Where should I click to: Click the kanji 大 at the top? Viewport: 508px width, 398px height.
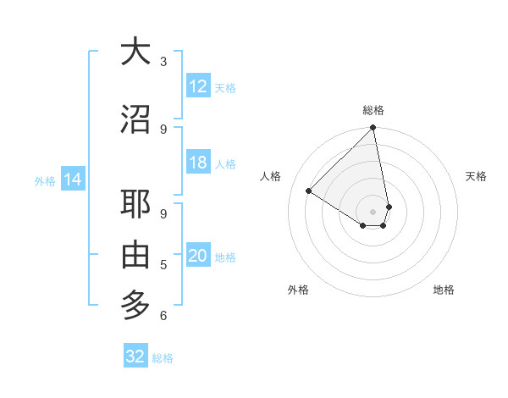pyautogui.click(x=135, y=52)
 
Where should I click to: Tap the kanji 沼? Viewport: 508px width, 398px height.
pyautogui.click(x=135, y=119)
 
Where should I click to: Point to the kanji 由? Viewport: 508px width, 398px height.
pyautogui.click(x=135, y=255)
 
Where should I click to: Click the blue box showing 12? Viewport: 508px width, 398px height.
pyautogui.click(x=198, y=86)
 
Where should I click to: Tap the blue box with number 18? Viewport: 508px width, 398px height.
pyautogui.click(x=198, y=163)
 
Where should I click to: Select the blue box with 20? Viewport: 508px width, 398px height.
pyautogui.click(x=198, y=257)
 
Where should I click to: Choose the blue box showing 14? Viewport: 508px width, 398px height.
pyautogui.click(x=72, y=180)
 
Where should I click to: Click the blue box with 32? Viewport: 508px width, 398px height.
pyautogui.click(x=135, y=357)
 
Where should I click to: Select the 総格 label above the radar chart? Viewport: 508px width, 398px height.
pyautogui.click(x=373, y=110)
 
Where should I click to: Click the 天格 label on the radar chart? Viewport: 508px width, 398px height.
pyautogui.click(x=476, y=176)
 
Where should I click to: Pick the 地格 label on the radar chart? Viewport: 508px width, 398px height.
pyautogui.click(x=444, y=290)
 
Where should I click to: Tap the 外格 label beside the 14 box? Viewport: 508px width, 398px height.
pyautogui.click(x=45, y=180)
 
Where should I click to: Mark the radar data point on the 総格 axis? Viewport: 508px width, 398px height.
pyautogui.click(x=373, y=128)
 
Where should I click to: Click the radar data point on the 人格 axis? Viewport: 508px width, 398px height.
pyautogui.click(x=309, y=191)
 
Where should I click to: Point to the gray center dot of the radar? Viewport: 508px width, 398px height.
pyautogui.click(x=373, y=211)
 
